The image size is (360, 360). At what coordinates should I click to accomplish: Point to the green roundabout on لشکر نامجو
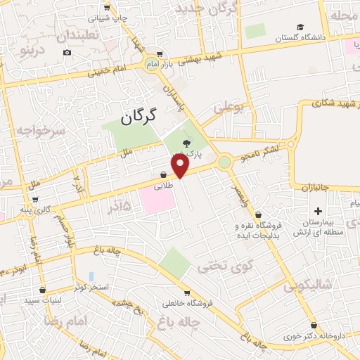[224, 163]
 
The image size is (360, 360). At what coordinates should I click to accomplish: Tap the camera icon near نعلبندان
[67, 53]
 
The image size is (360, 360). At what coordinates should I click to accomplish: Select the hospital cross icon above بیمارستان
[318, 211]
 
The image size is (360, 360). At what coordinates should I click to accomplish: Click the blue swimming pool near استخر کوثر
[91, 276]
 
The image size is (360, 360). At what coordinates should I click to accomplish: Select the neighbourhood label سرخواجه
[40, 131]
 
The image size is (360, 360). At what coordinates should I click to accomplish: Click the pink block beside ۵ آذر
[157, 200]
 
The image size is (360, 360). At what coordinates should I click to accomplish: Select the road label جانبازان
[316, 188]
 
